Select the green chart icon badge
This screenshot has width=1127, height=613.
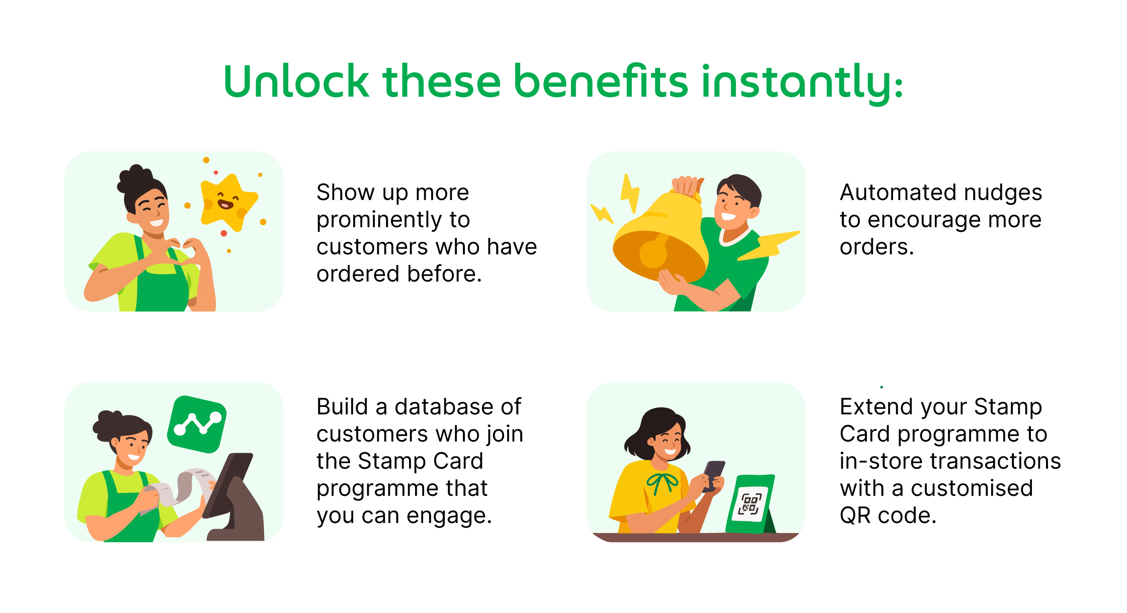(x=197, y=424)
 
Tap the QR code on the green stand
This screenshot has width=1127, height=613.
(x=749, y=504)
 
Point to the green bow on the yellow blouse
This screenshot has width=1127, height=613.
(x=662, y=482)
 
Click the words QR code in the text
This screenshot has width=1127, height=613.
(x=887, y=515)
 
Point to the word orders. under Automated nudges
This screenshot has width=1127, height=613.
(x=876, y=247)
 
